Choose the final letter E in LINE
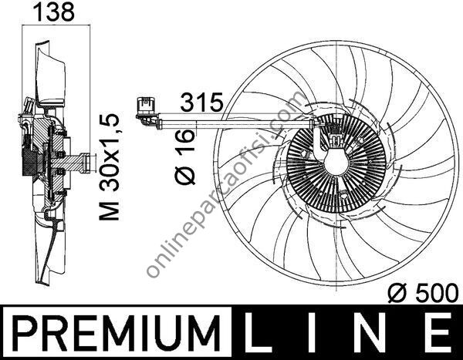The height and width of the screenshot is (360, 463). [437, 333]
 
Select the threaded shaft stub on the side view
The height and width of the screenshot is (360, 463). [77, 162]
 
